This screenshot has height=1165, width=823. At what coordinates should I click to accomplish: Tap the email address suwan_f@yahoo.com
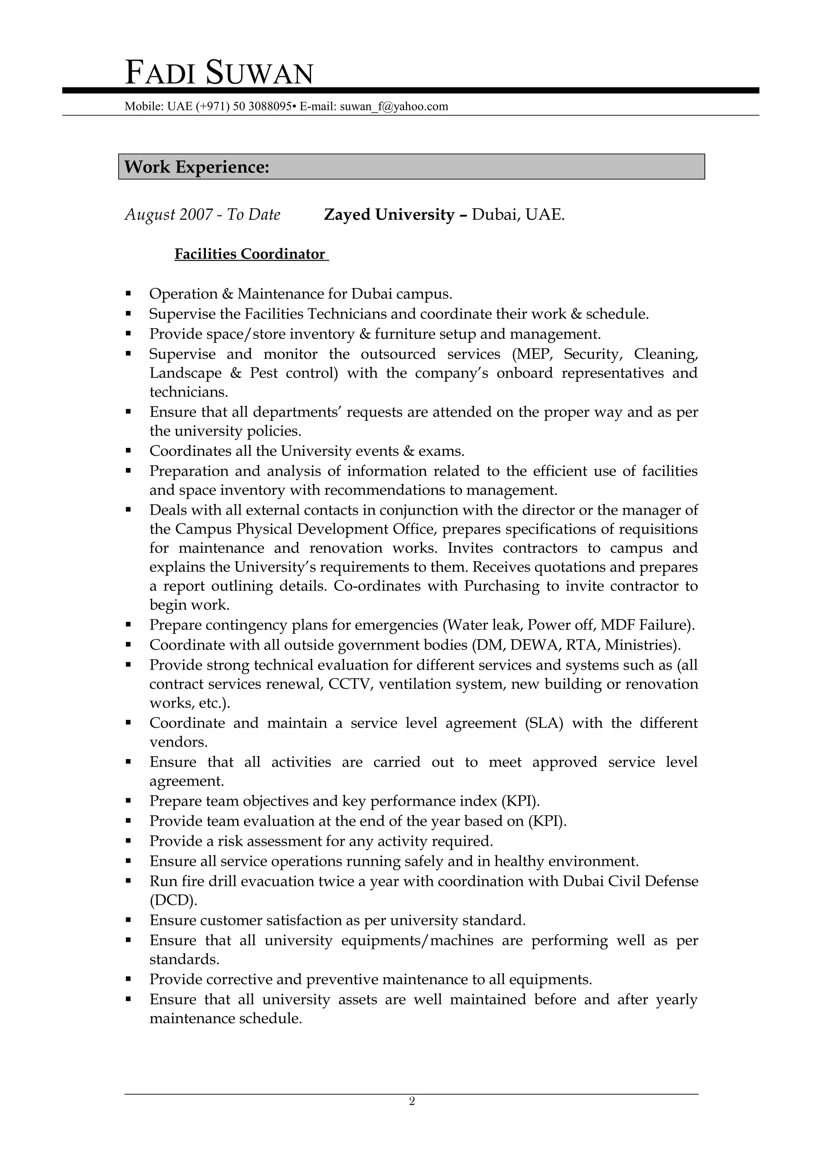click(394, 107)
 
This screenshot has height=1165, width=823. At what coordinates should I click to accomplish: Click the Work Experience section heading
click(197, 167)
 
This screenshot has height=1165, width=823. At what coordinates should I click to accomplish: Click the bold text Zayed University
click(389, 215)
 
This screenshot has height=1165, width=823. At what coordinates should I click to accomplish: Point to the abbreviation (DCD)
click(173, 900)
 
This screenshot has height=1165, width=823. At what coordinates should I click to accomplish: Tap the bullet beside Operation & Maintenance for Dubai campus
click(129, 294)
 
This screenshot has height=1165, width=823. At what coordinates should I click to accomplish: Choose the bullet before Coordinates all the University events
click(129, 451)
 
